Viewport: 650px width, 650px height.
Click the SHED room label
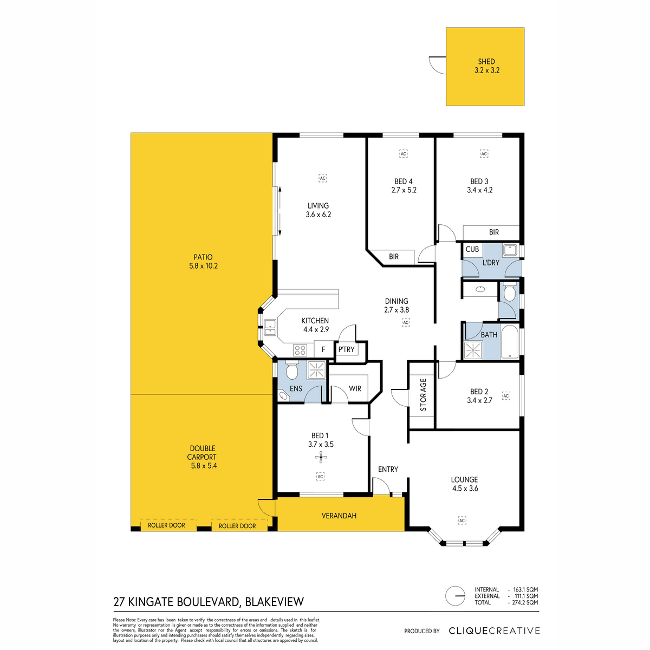(486, 62)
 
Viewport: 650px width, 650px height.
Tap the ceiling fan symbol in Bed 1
(321, 458)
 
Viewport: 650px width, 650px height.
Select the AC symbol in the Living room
(323, 178)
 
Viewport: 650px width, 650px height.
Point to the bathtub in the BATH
(509, 342)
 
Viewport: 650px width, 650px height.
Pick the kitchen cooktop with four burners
(300, 350)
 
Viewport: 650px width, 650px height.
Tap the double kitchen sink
(270, 328)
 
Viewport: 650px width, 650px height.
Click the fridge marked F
(323, 349)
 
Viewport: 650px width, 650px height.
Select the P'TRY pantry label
(347, 349)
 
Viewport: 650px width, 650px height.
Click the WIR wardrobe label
(355, 388)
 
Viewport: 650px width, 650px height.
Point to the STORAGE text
(424, 395)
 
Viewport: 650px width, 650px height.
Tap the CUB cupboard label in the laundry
(472, 249)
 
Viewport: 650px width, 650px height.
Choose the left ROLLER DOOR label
(166, 525)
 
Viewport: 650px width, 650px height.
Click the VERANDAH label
(339, 516)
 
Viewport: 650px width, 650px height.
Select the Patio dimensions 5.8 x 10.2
(204, 266)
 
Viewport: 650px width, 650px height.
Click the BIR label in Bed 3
(494, 232)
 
